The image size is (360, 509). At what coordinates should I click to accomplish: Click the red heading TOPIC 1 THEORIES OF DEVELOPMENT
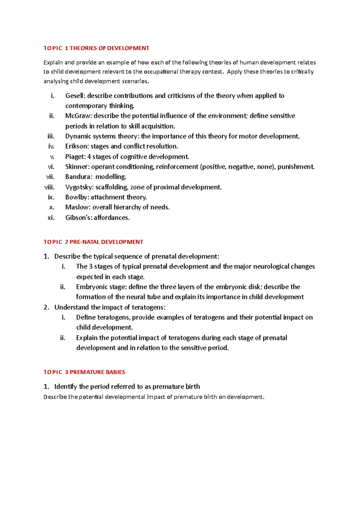pyautogui.click(x=96, y=48)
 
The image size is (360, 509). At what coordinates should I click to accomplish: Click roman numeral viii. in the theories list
pyautogui.click(x=49, y=187)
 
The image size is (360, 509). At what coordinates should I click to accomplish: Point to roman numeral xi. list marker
pyautogui.click(x=51, y=218)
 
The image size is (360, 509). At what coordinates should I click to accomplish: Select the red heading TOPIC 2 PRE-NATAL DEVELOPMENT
pyautogui.click(x=93, y=242)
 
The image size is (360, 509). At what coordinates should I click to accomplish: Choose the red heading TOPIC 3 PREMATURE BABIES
pyautogui.click(x=84, y=372)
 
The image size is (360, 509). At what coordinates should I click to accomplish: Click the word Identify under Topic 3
pyautogui.click(x=65, y=387)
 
